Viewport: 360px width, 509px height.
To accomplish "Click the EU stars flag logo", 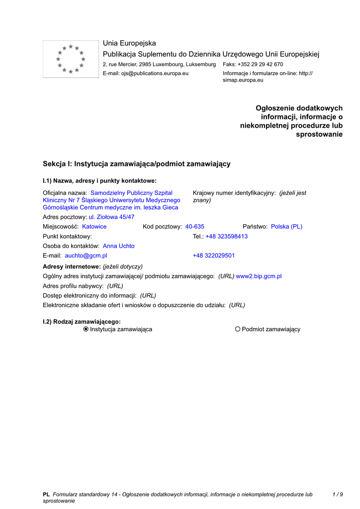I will coord(71,59).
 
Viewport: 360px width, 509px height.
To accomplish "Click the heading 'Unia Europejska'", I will coord(129,43).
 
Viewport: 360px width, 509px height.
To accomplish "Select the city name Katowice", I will coord(94,227).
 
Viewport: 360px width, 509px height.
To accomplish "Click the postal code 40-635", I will coord(195,227).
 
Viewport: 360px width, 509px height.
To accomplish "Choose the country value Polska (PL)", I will coord(286,227).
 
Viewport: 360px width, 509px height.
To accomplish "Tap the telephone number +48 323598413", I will coord(227,237).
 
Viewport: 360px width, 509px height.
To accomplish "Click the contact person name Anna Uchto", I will coord(119,246).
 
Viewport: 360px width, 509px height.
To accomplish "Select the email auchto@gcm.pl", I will coord(86,256).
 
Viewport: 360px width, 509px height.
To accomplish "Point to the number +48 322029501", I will coord(214,256).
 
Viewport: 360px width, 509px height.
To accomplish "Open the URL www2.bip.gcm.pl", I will coord(259,276).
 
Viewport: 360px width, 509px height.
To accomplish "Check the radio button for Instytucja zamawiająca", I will coord(86,329).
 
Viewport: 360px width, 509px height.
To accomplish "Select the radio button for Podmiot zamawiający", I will coord(238,329).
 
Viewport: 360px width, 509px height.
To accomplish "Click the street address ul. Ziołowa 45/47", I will coord(111,217).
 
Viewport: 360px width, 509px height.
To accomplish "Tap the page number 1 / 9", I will coord(337,495).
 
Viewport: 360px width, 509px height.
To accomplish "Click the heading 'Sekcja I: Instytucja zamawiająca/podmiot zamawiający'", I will coord(137,164).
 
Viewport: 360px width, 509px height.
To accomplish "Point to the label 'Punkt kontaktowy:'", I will coord(68,237).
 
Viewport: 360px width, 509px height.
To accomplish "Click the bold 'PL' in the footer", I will coord(46,495).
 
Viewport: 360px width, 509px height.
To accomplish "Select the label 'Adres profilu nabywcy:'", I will coord(73,286).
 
